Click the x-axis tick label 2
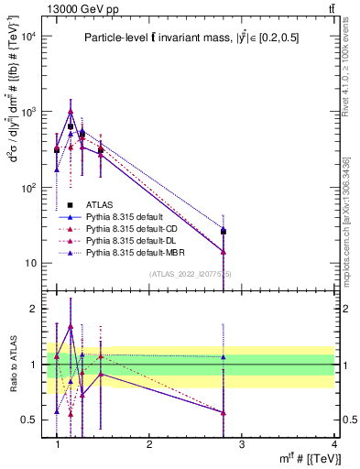point(149,444)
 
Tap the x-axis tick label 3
point(241,444)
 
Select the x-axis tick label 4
point(333,444)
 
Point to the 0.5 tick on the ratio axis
point(30,420)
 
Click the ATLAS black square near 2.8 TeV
point(223,232)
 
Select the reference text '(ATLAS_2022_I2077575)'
point(191,274)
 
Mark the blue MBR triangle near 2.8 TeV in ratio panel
point(223,357)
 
